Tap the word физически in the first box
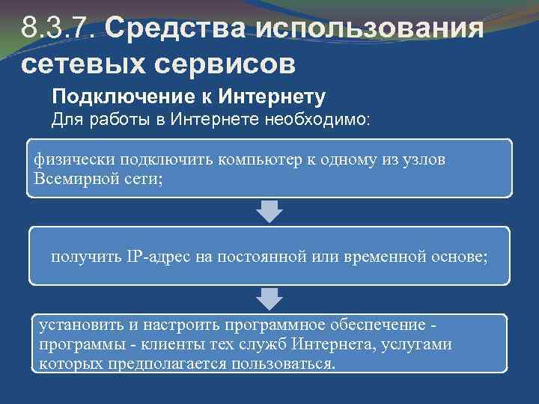point(69,161)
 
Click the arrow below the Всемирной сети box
point(269,211)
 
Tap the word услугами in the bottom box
point(419,345)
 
